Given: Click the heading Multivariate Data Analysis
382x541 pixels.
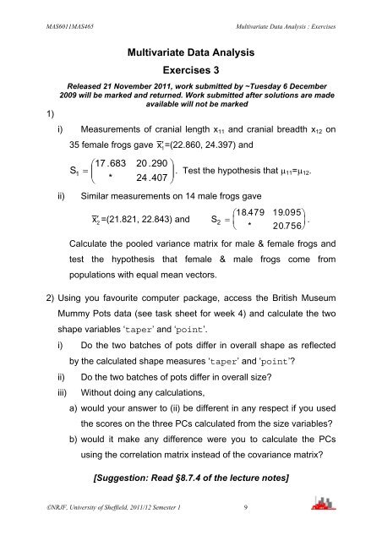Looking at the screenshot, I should [192, 53].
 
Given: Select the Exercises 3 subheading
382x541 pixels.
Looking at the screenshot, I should [192, 73].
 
